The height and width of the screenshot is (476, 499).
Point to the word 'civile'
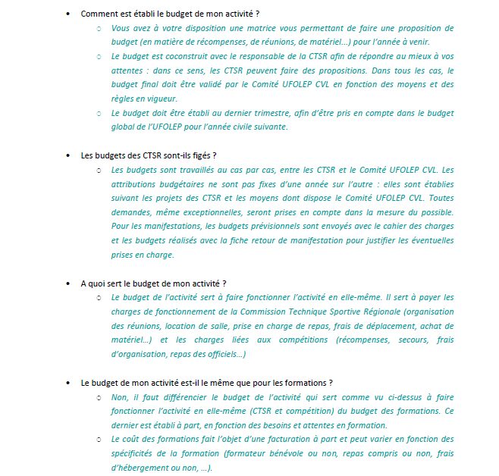click(267, 127)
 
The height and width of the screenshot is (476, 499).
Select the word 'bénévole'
click(312, 453)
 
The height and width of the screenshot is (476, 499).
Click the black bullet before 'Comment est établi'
click(68, 14)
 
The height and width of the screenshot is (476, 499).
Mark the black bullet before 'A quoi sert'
click(68, 283)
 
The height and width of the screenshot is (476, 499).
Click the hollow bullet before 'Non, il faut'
click(98, 396)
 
